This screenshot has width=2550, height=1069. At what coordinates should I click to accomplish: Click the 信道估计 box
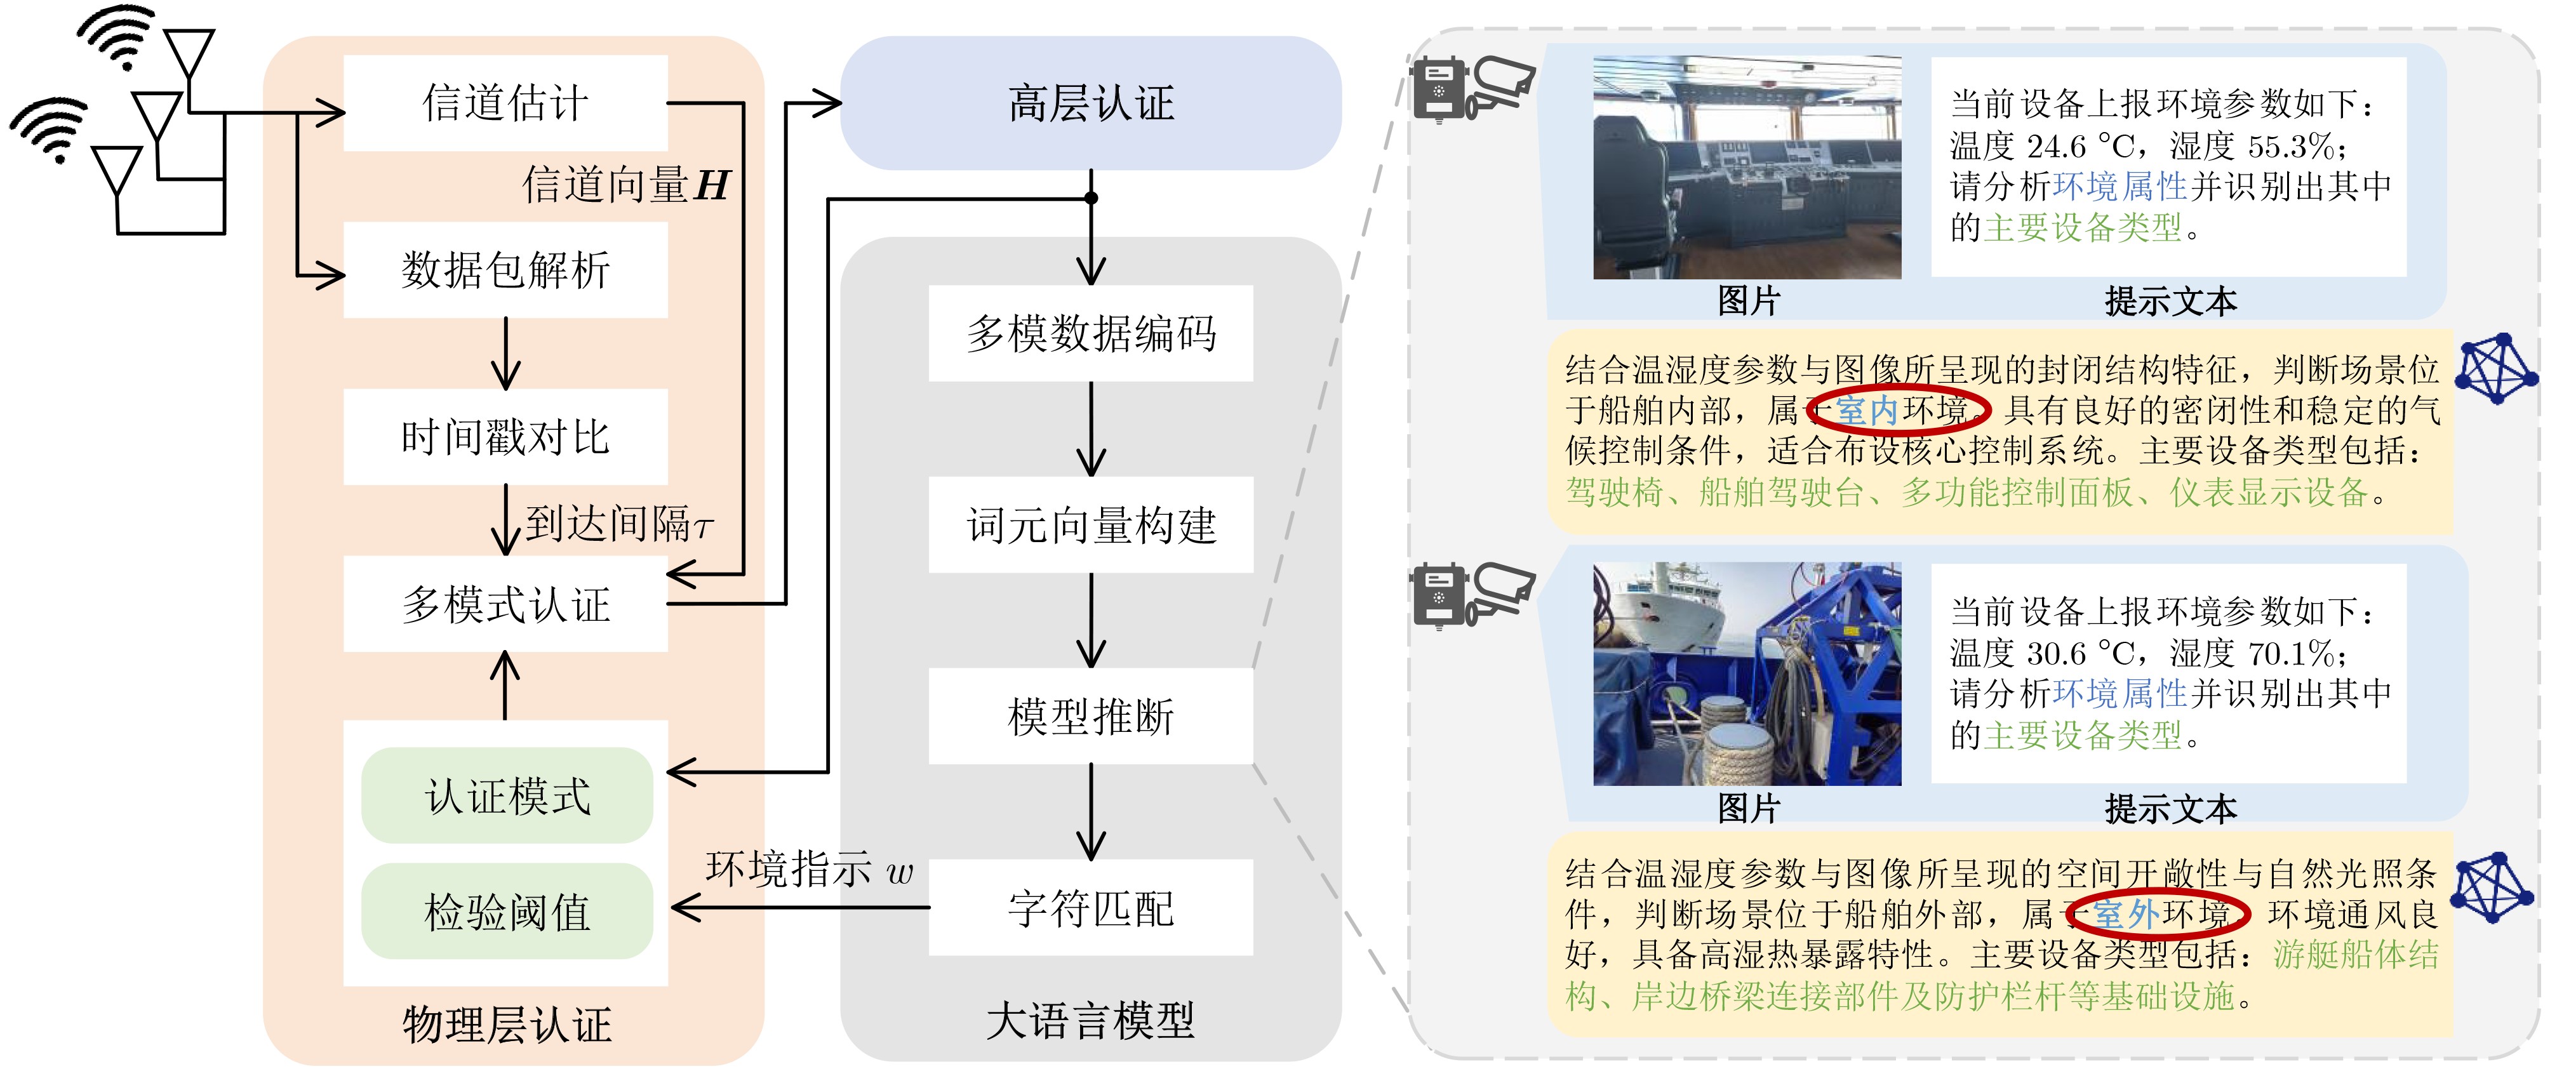coord(505,103)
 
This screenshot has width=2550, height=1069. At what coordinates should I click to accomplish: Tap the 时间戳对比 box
coord(505,437)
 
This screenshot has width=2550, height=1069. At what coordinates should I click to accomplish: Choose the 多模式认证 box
coord(505,604)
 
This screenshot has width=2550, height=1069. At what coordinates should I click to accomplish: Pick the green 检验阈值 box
coord(507,912)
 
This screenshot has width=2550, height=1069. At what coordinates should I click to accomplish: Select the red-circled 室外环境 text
coord(2158,913)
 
